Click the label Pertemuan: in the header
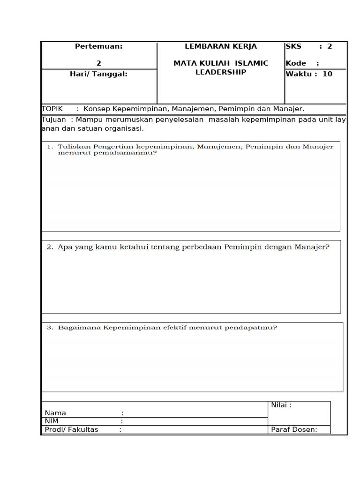point(98,46)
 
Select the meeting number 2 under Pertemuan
point(98,63)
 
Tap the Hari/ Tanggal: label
point(98,74)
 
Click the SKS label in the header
point(294,46)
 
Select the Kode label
point(296,63)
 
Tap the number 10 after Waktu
point(327,74)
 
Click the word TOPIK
point(52,109)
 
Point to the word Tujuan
point(54,120)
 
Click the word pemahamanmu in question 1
point(130,153)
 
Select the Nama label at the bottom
point(55,413)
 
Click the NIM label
point(52,421)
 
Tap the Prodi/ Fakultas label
point(72,429)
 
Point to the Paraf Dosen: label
point(294,429)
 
